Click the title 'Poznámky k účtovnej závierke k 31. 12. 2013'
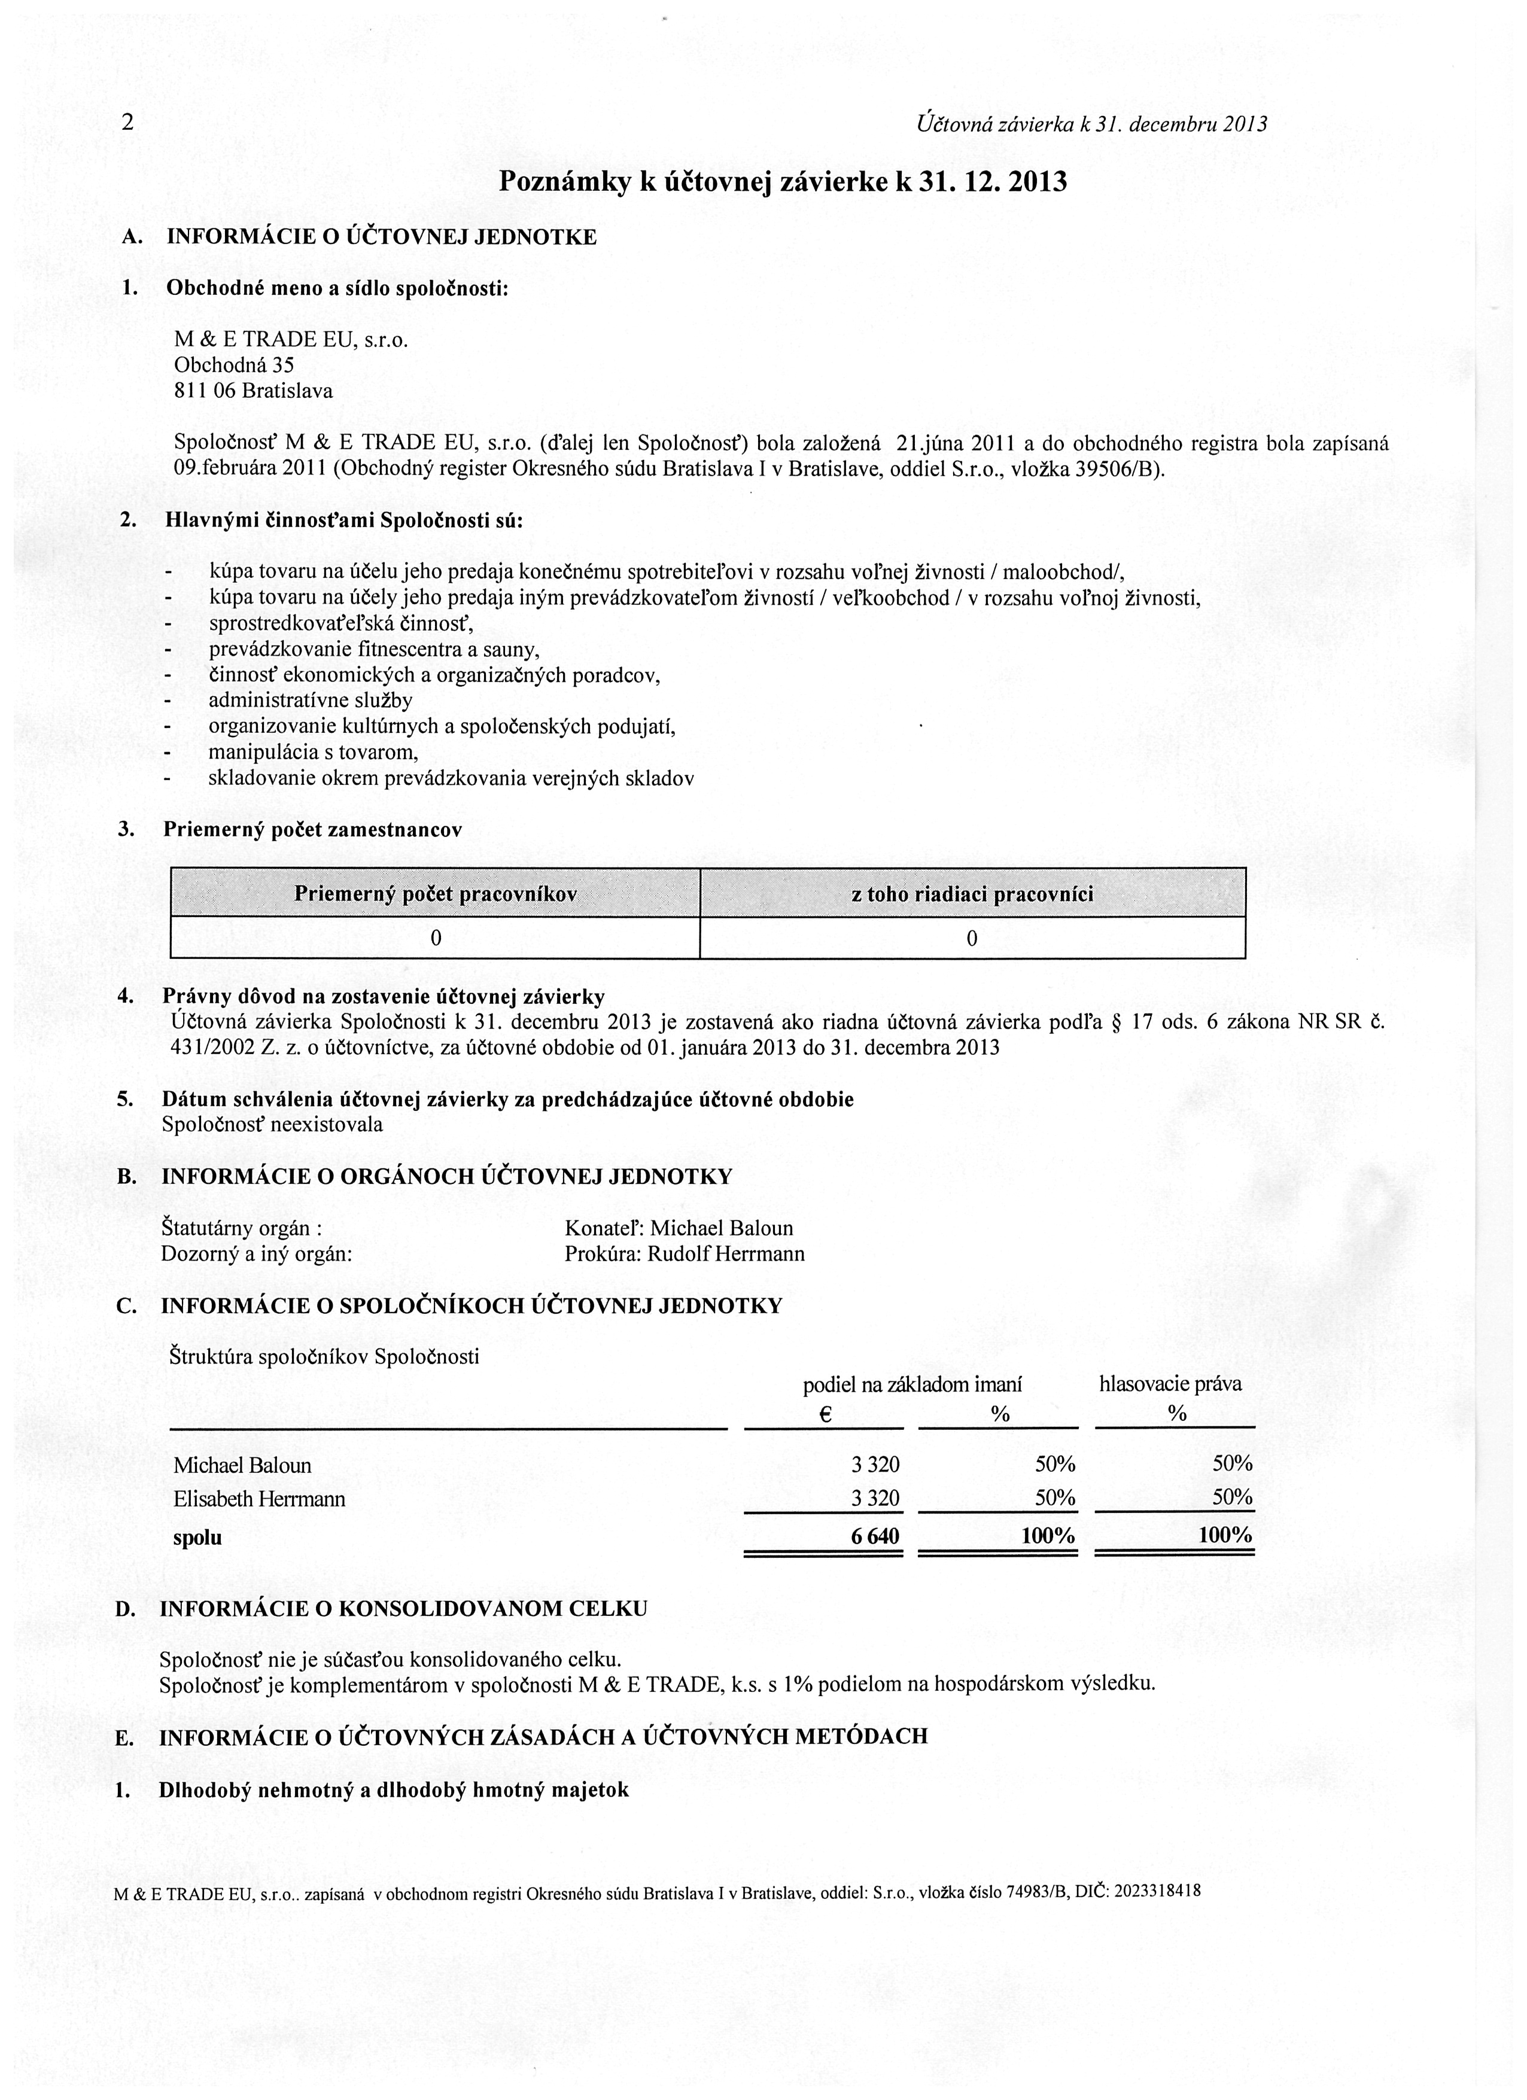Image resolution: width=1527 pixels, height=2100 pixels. pos(783,181)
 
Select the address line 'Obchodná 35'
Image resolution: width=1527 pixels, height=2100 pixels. pos(235,366)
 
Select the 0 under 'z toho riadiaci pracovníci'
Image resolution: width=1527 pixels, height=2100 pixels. pos(971,939)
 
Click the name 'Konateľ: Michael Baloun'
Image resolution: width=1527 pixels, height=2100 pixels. pos(679,1229)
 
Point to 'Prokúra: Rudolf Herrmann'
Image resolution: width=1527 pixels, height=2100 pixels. pos(685,1255)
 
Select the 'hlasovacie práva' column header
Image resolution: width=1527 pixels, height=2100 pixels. pos(1170,1384)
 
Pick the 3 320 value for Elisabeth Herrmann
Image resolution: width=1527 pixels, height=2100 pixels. pos(875,1498)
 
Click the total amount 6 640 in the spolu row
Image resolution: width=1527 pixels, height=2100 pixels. pos(875,1537)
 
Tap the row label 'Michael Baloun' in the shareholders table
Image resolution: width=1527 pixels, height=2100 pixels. pos(242,1466)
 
